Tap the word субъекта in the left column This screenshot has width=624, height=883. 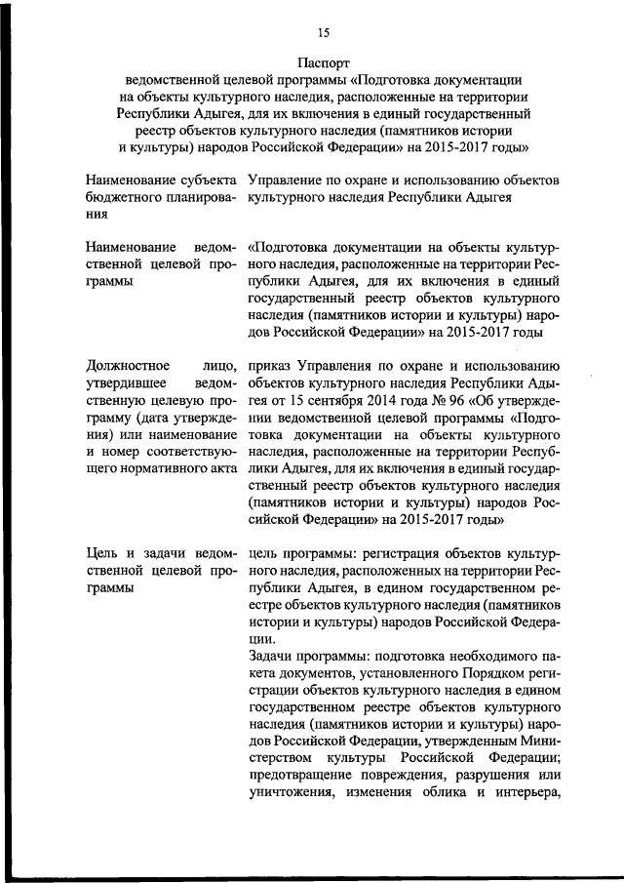pyautogui.click(x=209, y=181)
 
